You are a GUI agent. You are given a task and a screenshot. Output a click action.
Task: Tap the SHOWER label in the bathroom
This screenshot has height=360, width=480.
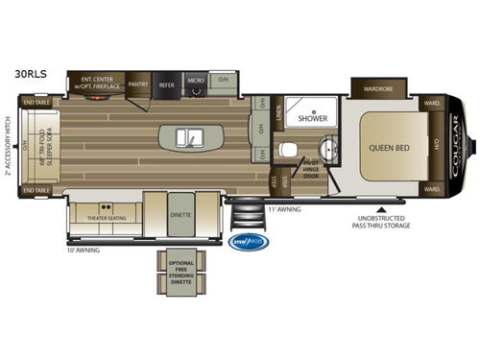pos(312,119)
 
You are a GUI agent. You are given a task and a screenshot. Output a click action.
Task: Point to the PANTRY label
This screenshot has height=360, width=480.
pos(137,84)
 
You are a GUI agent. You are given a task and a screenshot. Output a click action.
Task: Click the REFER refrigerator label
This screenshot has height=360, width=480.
pos(166,84)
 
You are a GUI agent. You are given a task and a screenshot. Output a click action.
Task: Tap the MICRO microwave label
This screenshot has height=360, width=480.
pos(196,83)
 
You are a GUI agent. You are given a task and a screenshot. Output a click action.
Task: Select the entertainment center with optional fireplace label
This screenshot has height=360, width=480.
pos(101,84)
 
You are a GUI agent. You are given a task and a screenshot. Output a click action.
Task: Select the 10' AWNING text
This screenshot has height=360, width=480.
pos(84,248)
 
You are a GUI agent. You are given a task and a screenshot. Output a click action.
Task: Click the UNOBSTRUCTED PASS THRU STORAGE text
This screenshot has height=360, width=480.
pos(383,222)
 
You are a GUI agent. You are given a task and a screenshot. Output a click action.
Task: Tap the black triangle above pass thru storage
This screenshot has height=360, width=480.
pos(383,205)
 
